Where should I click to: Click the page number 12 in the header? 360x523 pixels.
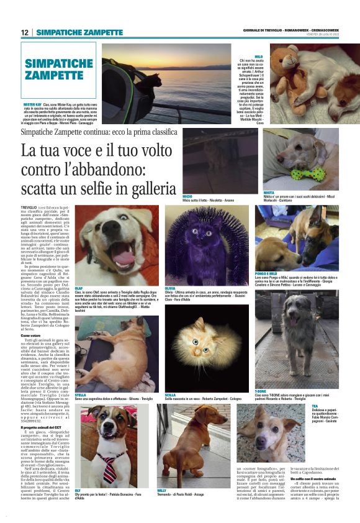click(25, 32)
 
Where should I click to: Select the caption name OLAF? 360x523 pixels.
click(79, 271)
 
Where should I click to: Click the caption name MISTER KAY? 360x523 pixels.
click(32, 104)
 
